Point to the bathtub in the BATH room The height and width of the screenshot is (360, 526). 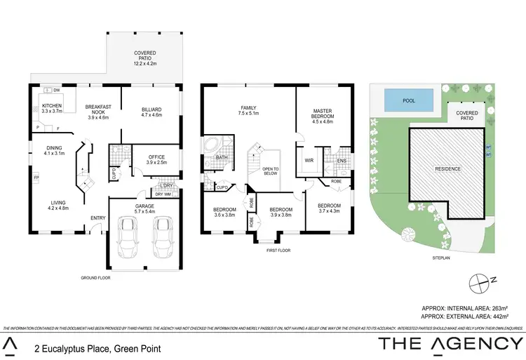[x=211, y=149]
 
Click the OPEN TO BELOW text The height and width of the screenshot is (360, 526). [x=271, y=171]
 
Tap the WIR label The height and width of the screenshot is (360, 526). [x=309, y=161]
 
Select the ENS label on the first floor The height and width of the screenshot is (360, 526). [x=342, y=161]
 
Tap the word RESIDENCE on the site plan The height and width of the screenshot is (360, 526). [x=447, y=169]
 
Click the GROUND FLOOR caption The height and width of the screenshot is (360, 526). [x=95, y=278]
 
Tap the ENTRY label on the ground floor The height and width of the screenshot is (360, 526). [x=97, y=218]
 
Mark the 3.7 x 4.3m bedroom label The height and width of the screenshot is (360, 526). [x=328, y=208]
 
